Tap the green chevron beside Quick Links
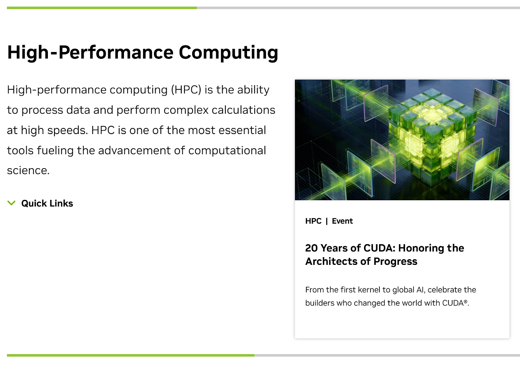pyautogui.click(x=11, y=203)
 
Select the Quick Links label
pyautogui.click(x=47, y=203)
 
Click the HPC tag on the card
pyautogui.click(x=313, y=221)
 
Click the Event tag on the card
pyautogui.click(x=342, y=221)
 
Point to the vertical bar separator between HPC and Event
pyautogui.click(x=327, y=221)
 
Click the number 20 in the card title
pyautogui.click(x=311, y=248)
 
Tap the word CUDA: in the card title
pyautogui.click(x=379, y=248)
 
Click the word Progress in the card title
pyautogui.click(x=395, y=262)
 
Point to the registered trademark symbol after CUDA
pyautogui.click(x=465, y=301)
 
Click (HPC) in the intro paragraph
pyautogui.click(x=186, y=90)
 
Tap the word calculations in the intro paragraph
pyautogui.click(x=243, y=110)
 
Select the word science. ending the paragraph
pyautogui.click(x=28, y=171)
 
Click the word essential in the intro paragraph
pyautogui.click(x=242, y=130)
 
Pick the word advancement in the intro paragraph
pyautogui.click(x=134, y=150)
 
